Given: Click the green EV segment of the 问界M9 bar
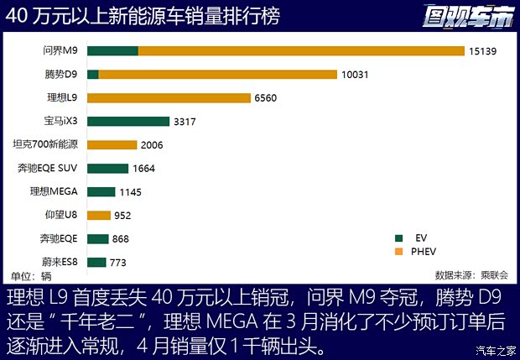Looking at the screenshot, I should [x=112, y=51].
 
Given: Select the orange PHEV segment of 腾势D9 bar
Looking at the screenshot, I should [x=218, y=75].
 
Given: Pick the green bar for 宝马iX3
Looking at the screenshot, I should [x=128, y=122].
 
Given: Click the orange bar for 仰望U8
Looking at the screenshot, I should [x=99, y=216].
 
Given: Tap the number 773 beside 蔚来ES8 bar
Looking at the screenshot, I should [x=118, y=263].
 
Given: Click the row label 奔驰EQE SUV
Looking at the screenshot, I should [x=48, y=169].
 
